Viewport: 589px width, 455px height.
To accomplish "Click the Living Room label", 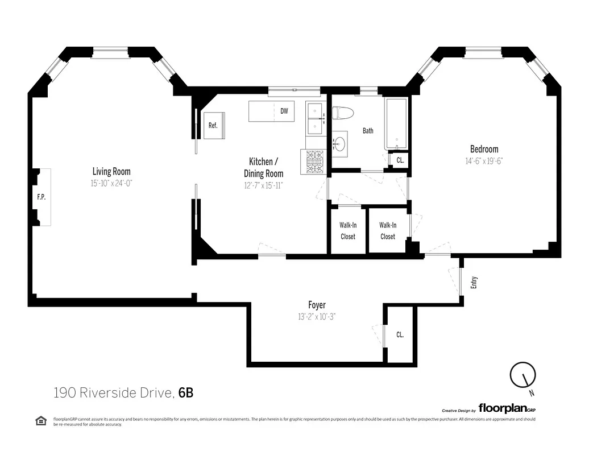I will coord(111,171).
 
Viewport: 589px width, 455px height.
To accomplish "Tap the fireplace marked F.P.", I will coord(42,197).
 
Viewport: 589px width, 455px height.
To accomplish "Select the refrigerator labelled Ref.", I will coord(214,126).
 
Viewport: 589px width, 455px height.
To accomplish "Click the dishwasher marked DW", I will coord(283,111).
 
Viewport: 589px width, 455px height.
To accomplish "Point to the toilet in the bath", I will coord(343,114).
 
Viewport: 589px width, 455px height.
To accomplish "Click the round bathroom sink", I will coord(339,143).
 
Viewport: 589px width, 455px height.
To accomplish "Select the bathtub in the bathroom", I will coord(396,124).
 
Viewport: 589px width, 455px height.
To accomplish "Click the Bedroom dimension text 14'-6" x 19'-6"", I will coord(484,161).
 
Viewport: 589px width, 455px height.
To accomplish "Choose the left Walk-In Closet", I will coord(347,230).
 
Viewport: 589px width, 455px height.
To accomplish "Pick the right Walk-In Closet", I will coord(387,230).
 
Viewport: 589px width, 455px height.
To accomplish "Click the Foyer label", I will coord(317,305).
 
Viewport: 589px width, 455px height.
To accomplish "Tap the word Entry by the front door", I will coord(474,283).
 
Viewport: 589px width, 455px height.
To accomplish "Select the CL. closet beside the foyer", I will coord(400,334).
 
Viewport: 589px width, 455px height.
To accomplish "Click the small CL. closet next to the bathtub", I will coord(400,160).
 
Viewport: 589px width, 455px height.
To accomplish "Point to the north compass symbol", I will coord(523,376).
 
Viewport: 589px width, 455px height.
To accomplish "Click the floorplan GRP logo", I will coord(507,408).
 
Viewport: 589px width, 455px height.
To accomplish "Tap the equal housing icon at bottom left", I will coord(41,421).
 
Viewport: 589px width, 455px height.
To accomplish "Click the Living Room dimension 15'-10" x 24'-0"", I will coord(111,183).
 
